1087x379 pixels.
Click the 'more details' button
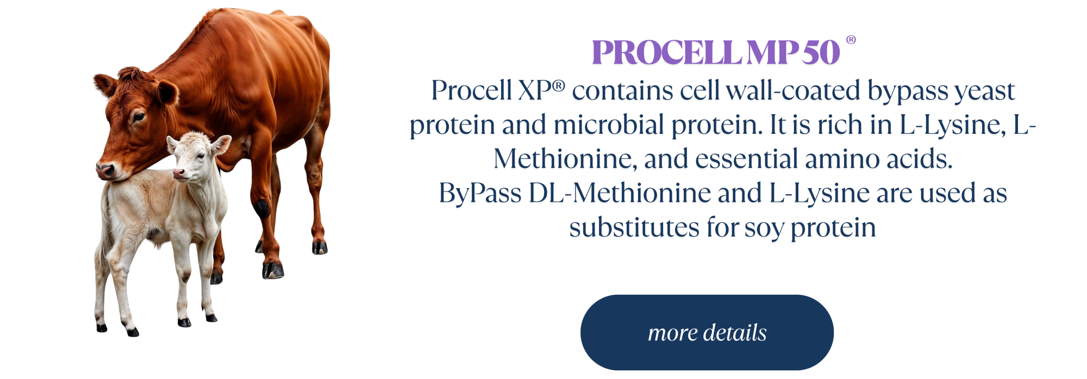pyautogui.click(x=707, y=332)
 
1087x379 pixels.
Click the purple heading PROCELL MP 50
pyautogui.click(x=716, y=53)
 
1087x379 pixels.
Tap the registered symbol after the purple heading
pyautogui.click(x=851, y=40)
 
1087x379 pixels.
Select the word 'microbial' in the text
pyautogui.click(x=609, y=125)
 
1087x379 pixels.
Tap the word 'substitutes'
pyautogui.click(x=634, y=227)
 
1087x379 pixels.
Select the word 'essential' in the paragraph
pyautogui.click(x=746, y=159)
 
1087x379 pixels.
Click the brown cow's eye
pyautogui.click(x=139, y=116)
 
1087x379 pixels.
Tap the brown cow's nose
pyautogui.click(x=105, y=170)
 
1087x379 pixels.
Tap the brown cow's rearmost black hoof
pyautogui.click(x=320, y=247)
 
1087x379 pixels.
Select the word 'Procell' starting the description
pyautogui.click(x=471, y=90)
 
